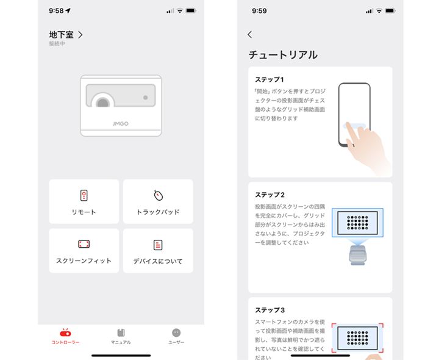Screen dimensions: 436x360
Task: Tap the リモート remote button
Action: (84, 201)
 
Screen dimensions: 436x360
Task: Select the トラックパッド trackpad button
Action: (158, 201)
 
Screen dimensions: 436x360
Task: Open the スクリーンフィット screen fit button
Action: (84, 251)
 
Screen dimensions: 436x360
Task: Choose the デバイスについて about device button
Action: (158, 251)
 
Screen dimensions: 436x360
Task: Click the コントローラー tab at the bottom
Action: (65, 336)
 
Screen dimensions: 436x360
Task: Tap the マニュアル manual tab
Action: (121, 336)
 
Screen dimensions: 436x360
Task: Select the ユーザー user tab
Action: (176, 336)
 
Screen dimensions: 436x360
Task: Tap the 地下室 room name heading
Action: (61, 35)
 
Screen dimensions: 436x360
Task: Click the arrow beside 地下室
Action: (80, 35)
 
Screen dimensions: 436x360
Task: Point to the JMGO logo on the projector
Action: (121, 123)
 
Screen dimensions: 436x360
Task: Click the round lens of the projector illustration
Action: (102, 102)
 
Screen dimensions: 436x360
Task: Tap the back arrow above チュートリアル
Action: (249, 35)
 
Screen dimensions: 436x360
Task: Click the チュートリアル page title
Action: (283, 55)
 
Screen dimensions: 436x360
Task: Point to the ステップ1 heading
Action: (270, 79)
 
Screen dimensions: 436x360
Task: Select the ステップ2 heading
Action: (270, 195)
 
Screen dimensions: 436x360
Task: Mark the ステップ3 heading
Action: (270, 310)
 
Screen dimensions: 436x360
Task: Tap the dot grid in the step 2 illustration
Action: (357, 223)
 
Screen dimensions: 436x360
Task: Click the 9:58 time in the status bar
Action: (56, 11)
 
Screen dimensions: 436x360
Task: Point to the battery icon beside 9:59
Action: (390, 11)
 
